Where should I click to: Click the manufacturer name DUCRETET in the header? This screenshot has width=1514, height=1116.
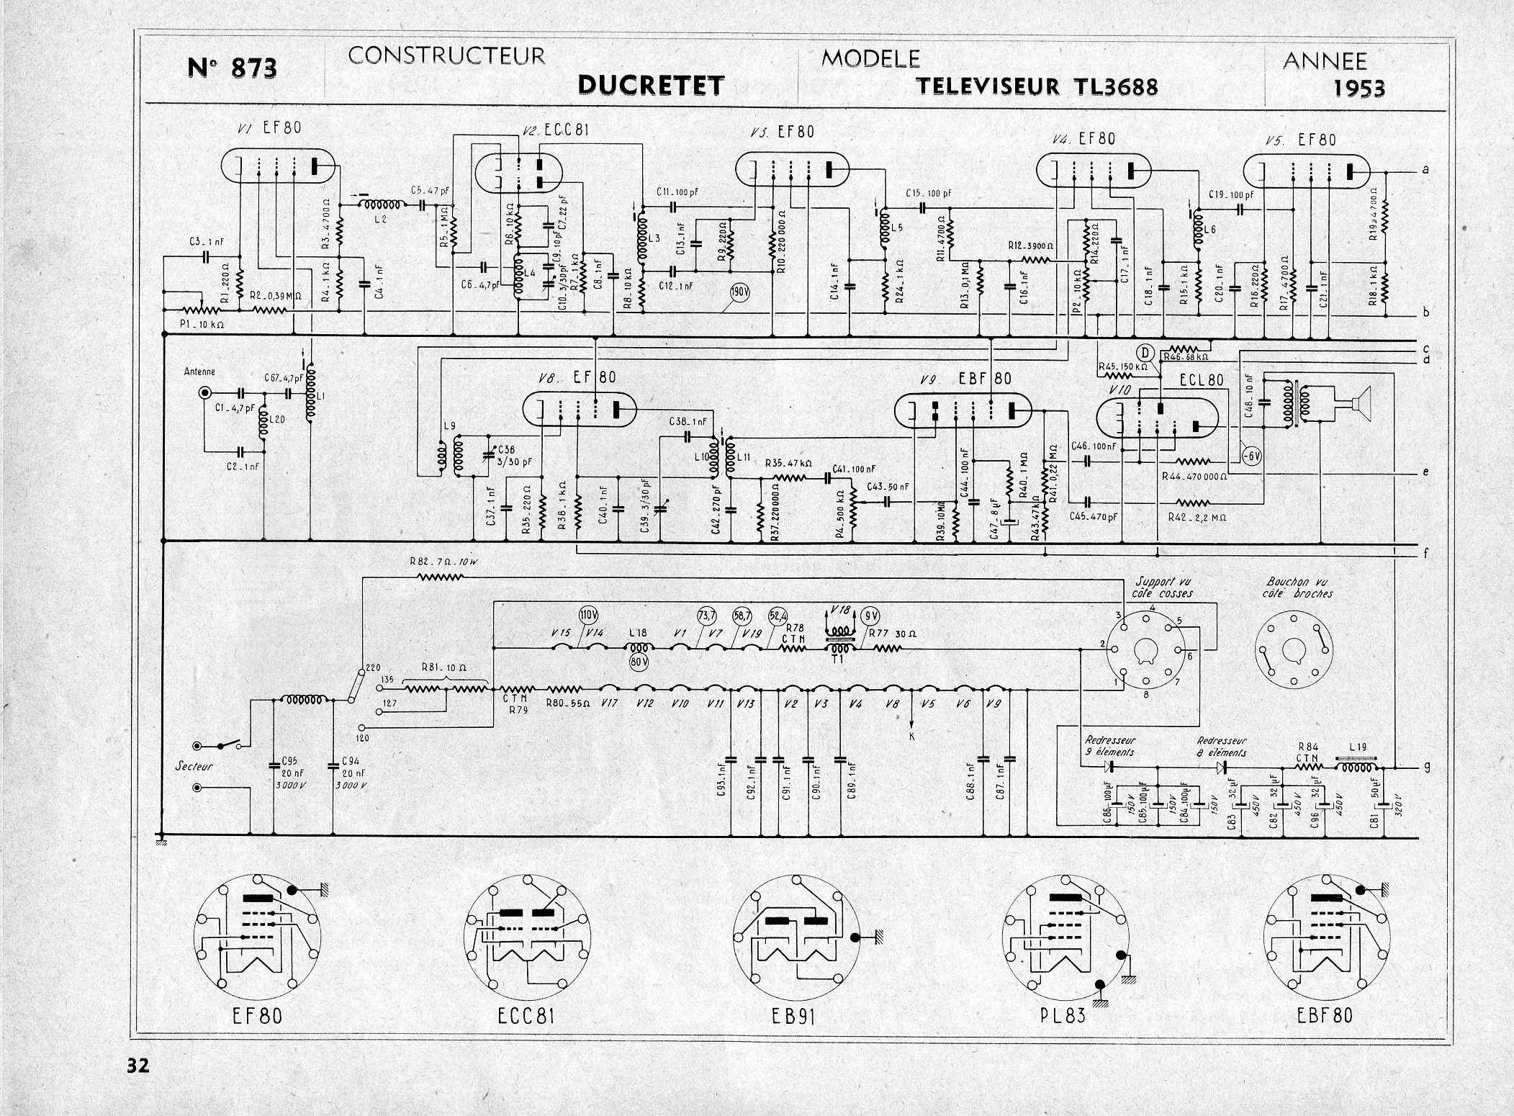pos(650,86)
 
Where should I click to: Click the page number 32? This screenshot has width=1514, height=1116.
pos(137,1064)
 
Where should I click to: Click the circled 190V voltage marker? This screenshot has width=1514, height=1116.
pos(738,293)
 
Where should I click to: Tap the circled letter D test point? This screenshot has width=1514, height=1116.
pos(1143,351)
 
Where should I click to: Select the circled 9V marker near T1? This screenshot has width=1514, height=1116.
pos(871,616)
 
